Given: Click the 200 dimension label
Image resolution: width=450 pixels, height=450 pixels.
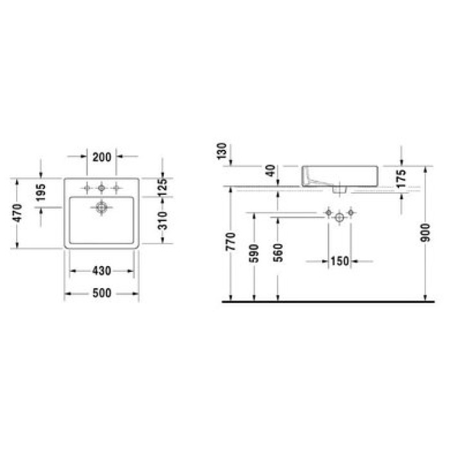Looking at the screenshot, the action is point(102,157).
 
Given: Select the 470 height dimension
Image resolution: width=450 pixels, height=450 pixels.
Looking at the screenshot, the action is point(17,213).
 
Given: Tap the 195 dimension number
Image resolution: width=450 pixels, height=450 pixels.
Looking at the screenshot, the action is point(41,193).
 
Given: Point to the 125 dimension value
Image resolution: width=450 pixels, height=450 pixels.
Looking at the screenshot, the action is point(163,187).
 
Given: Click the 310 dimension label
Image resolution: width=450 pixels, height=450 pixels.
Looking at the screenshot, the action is point(163,221).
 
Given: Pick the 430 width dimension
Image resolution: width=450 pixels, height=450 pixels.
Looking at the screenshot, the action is point(102,271).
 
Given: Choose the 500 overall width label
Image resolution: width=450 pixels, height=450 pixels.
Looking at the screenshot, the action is point(102,293).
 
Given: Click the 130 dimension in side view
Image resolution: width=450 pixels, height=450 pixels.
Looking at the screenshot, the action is point(222,151).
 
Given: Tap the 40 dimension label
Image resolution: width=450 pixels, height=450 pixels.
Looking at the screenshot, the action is point(271,170).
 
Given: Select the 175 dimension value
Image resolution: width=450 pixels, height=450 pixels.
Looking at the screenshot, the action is point(401,179).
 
